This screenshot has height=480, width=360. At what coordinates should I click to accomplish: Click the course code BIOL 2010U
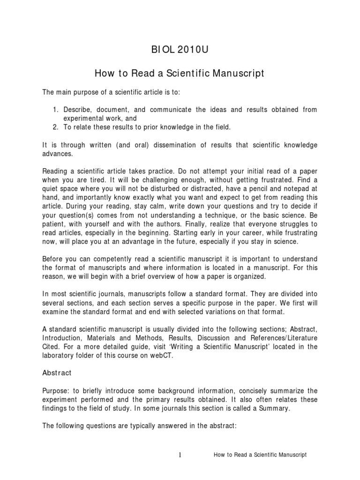tap(180, 51)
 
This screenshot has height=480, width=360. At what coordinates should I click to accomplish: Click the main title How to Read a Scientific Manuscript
tap(180, 73)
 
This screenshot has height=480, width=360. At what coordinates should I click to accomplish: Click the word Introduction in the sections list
tap(61, 338)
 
